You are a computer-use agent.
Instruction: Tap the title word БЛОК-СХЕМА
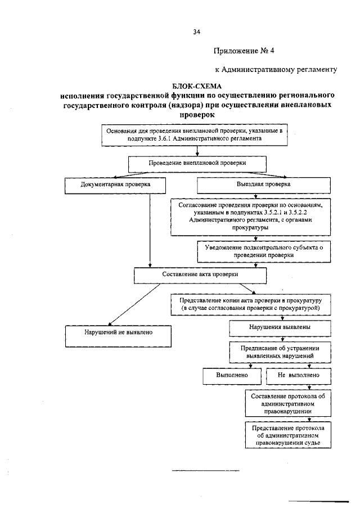point(197,87)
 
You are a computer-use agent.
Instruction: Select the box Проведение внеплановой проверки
point(197,163)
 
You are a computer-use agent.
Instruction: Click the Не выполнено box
point(298,375)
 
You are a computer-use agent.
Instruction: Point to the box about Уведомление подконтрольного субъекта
point(263,251)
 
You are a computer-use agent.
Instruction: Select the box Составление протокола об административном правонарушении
point(288,403)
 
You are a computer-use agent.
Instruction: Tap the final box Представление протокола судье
point(288,435)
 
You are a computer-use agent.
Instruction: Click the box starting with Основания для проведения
point(196,134)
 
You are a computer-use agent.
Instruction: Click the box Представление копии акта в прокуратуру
point(250,305)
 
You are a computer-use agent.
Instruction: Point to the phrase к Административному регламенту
point(276,70)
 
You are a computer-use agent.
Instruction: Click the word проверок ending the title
point(197,114)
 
